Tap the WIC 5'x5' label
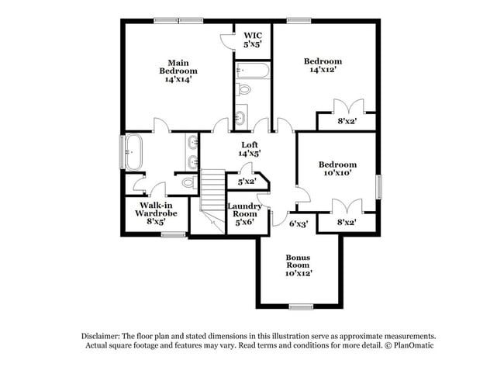click(253, 40)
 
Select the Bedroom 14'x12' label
click(323, 66)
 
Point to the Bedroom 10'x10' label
click(337, 169)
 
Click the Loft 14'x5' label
click(249, 149)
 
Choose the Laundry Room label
click(244, 214)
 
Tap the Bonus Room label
click(298, 265)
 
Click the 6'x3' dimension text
click(299, 223)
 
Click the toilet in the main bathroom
click(187, 183)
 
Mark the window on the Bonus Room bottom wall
click(300, 307)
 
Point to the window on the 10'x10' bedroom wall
click(378, 186)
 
